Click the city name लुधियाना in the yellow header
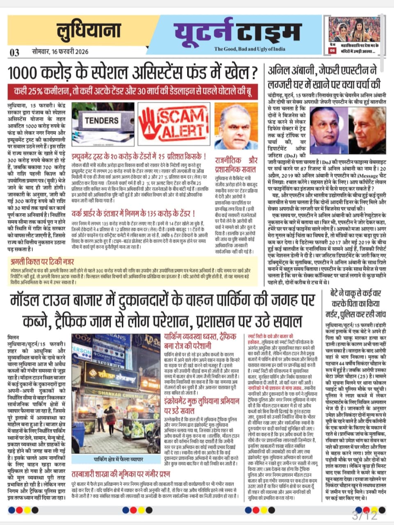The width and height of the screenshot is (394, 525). (89, 31)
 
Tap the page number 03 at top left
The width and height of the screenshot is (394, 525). (14, 52)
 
